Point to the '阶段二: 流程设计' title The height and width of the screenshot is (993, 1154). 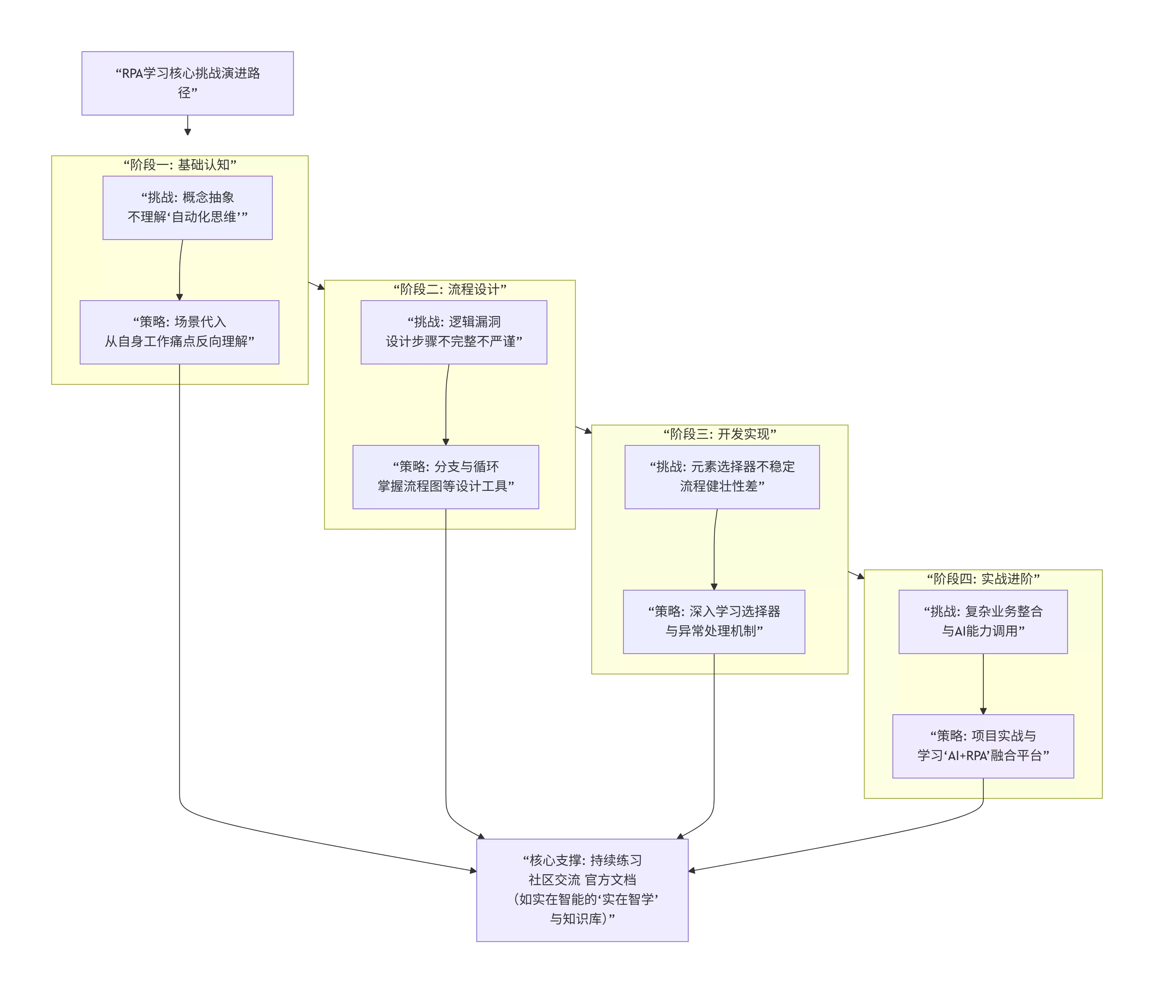tap(449, 289)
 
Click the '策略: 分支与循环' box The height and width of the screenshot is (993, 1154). tap(446, 477)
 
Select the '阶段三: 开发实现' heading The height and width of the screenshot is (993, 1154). tap(720, 434)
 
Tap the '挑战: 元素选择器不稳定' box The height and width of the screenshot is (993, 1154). tap(722, 477)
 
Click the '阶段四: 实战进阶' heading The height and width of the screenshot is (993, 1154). tap(983, 579)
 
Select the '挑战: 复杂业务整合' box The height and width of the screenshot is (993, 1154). tap(983, 622)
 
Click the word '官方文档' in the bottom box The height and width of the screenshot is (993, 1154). tap(610, 880)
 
